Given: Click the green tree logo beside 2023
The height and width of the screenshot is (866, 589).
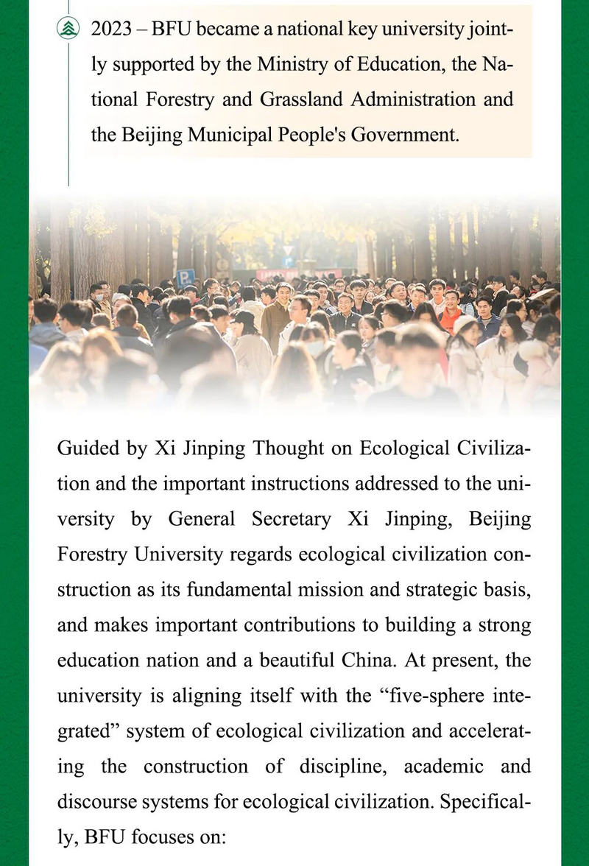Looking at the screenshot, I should (68, 29).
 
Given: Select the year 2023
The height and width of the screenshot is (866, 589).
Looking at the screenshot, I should (111, 29).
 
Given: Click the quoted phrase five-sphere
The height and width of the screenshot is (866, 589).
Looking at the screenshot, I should (415, 696).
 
